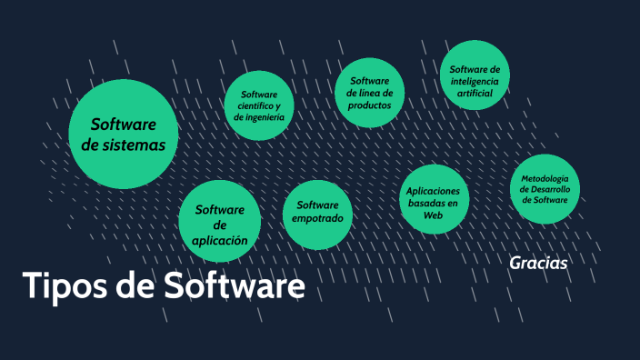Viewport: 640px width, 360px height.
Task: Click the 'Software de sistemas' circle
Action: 124,134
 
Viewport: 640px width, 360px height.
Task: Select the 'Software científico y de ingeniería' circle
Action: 259,105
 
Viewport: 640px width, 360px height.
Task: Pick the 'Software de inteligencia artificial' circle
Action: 474,75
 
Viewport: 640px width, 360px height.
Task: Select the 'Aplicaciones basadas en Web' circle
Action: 433,197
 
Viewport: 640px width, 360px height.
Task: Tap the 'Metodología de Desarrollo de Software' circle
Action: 545,188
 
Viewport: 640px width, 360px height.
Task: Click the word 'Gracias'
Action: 539,263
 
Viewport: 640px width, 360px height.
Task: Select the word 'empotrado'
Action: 317,218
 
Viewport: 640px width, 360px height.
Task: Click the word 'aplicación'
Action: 220,241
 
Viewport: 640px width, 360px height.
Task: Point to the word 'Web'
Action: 433,215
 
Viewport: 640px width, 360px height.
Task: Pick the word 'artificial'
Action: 474,94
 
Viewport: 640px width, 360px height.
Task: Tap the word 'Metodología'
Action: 545,177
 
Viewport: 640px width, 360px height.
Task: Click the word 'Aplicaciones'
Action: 433,191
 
